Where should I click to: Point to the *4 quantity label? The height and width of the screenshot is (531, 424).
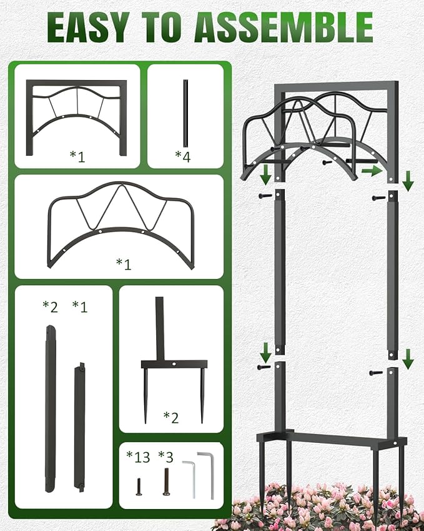(182, 156)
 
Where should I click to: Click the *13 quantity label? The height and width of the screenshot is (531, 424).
(138, 457)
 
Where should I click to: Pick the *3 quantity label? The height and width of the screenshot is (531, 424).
(165, 457)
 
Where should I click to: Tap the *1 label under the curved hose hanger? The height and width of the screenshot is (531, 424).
(124, 263)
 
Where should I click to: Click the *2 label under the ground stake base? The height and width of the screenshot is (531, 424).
(170, 417)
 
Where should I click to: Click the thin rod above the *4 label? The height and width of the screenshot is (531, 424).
(185, 113)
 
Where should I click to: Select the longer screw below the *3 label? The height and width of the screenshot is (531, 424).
(166, 482)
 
